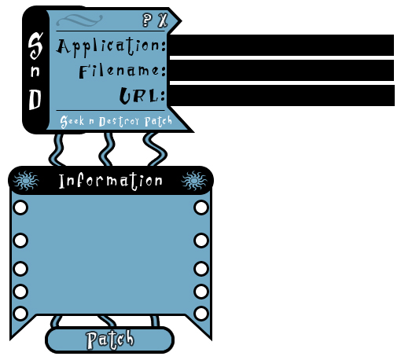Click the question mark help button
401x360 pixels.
147,20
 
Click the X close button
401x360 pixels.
163,20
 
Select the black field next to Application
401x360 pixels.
281,45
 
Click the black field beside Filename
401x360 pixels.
281,70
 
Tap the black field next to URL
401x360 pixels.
281,95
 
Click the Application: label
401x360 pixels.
112,46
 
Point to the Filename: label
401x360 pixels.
123,71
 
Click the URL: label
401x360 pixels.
142,95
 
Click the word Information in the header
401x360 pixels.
111,181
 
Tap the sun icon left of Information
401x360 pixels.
26,181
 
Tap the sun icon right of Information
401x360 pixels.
194,181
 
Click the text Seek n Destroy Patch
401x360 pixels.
116,121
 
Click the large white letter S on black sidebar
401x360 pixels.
35,46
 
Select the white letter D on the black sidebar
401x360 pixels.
35,100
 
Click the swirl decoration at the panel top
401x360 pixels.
79,20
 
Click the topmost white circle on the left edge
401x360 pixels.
20,208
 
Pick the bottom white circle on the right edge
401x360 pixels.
201,314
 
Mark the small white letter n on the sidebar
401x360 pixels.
35,72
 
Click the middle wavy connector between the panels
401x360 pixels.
107,149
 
